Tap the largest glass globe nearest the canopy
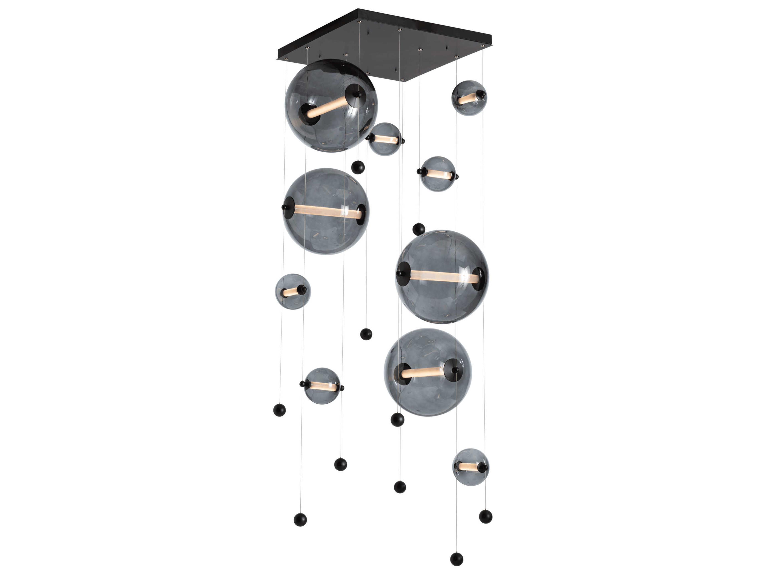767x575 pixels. pos(331,106)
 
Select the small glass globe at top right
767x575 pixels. pos(469,98)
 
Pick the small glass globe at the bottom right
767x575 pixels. pos(471,467)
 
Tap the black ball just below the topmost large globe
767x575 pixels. pos(358,167)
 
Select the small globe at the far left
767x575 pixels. pos(293,291)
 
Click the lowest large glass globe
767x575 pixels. pos(427,372)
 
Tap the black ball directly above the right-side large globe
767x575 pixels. pos(419,229)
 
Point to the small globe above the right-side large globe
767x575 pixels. pos(438,174)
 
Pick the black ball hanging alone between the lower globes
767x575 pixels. pos(366,334)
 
